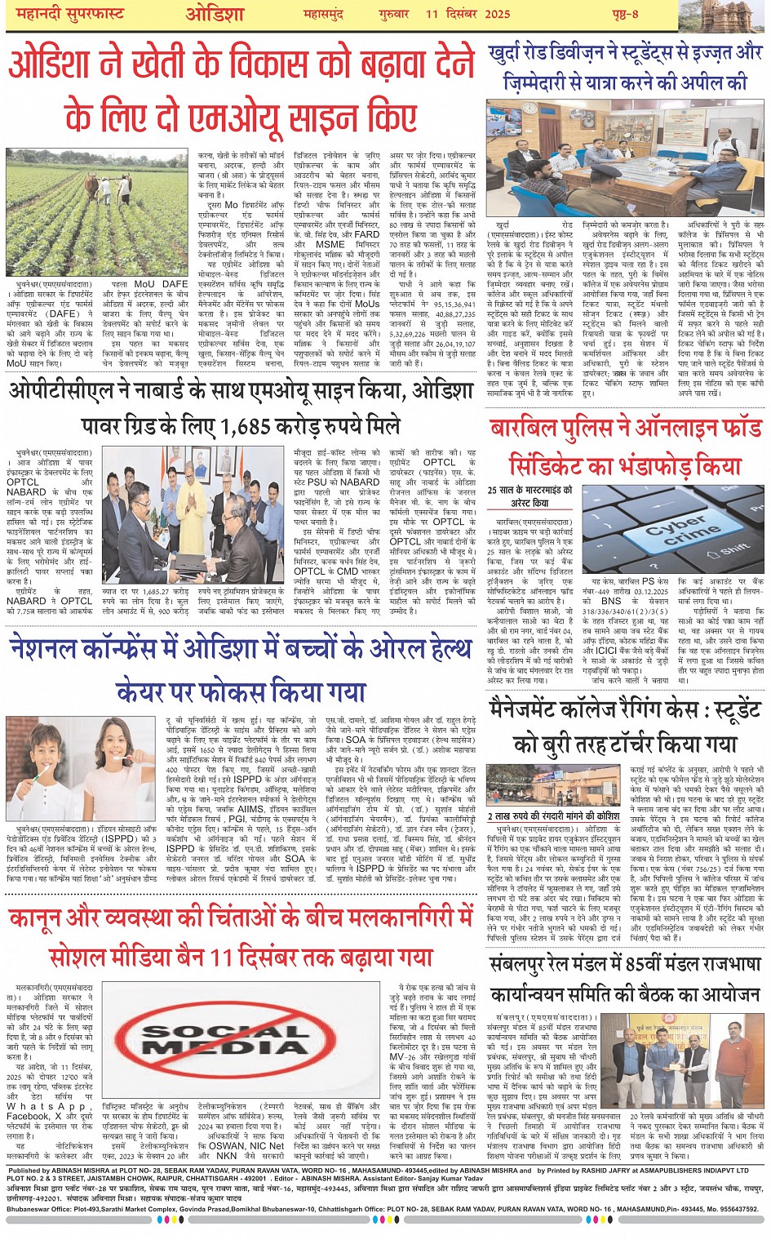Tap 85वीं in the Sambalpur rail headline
click(629, 964)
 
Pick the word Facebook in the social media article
click(28, 1116)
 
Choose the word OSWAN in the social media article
click(226, 1145)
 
